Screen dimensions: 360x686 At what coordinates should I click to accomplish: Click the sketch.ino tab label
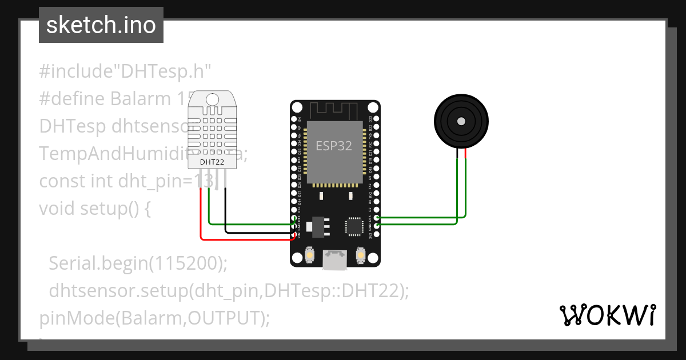[x=101, y=25]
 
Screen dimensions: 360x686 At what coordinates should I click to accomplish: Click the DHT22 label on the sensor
[x=211, y=162]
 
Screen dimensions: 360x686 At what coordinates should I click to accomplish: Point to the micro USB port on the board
[x=334, y=260]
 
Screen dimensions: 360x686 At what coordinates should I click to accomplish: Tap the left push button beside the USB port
[x=309, y=254]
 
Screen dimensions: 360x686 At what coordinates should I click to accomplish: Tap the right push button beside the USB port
[x=360, y=254]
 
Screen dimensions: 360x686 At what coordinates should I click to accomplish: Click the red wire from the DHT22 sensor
[x=201, y=217]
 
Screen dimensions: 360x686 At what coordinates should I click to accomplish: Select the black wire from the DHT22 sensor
[x=225, y=211]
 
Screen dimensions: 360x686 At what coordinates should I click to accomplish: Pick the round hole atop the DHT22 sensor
[x=212, y=99]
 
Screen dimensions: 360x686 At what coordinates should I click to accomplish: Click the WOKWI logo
[x=607, y=315]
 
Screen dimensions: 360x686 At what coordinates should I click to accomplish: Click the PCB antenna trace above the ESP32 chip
[x=334, y=109]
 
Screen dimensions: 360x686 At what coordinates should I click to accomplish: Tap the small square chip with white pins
[x=354, y=226]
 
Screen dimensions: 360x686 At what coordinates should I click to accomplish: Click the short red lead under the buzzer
[x=466, y=153]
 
